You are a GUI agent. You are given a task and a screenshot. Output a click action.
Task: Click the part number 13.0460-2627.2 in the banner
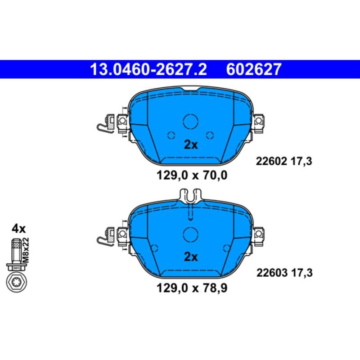[x=148, y=69]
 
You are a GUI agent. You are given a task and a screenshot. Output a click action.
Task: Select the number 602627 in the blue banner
[x=255, y=69]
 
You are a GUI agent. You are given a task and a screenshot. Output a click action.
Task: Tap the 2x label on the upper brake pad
[x=191, y=145]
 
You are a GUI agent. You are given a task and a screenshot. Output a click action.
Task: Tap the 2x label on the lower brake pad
[x=191, y=257]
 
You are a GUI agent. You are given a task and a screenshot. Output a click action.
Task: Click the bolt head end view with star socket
[x=16, y=283]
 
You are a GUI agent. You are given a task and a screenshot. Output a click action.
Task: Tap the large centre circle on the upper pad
[x=191, y=121]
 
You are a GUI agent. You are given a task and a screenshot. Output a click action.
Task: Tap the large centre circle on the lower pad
[x=191, y=233]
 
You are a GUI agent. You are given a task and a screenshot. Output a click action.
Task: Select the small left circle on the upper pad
[x=171, y=135]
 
